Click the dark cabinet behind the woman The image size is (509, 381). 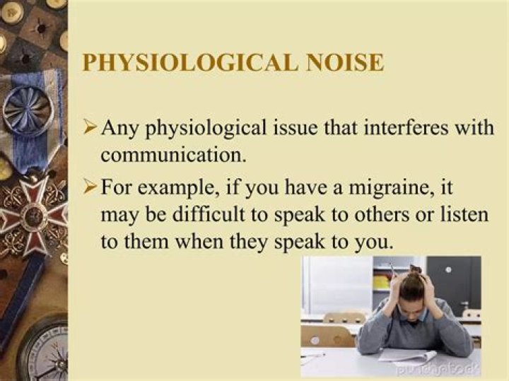(452, 283)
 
